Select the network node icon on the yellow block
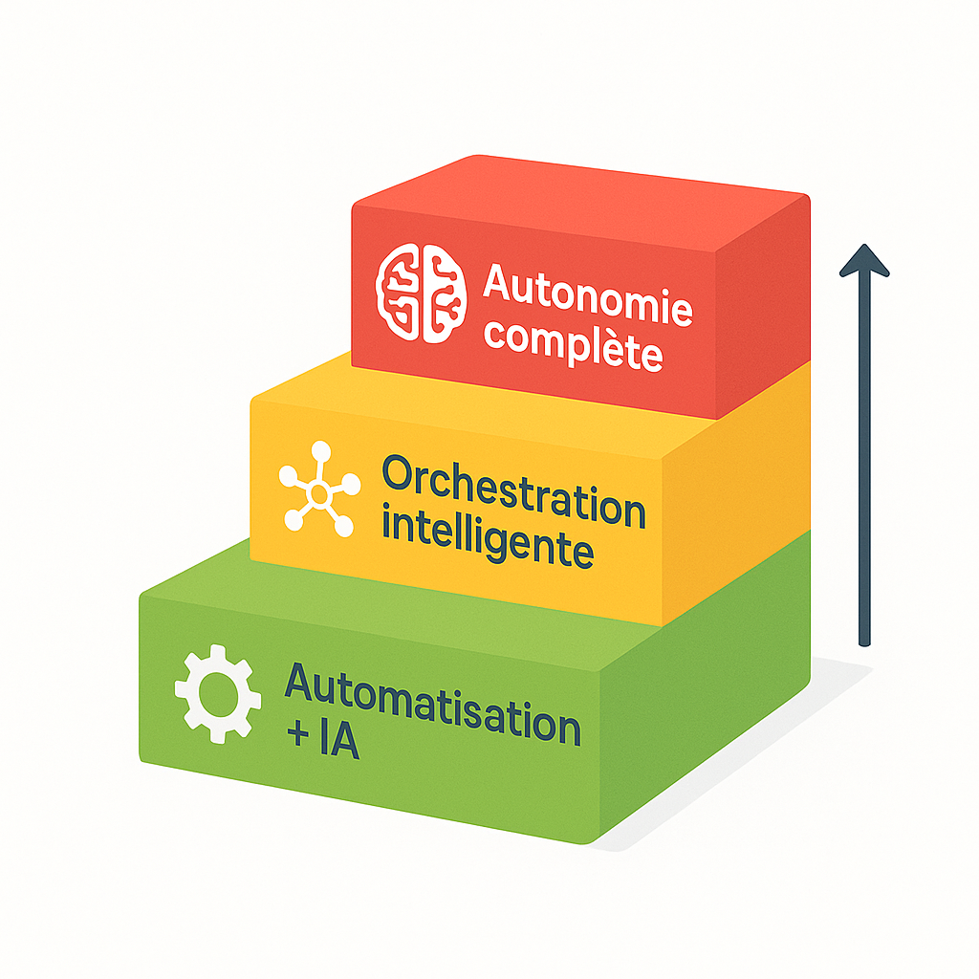[318, 494]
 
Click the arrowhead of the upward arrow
[864, 261]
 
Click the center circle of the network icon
[318, 494]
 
